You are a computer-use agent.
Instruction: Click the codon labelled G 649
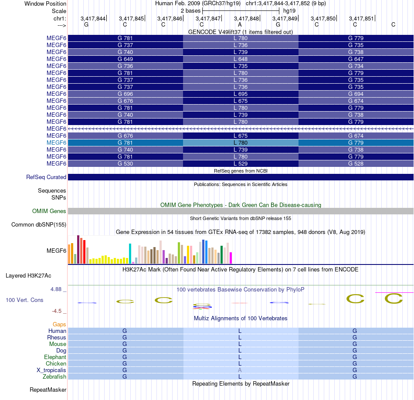[125, 59]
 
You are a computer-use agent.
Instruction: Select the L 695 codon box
[241, 94]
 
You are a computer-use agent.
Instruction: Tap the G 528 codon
[356, 163]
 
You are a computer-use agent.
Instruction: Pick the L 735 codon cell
[241, 66]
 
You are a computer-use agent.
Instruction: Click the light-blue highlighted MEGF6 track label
[56, 142]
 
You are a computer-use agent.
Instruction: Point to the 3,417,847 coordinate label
[208, 18]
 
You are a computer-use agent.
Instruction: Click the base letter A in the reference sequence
[240, 24]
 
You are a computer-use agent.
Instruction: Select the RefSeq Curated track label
[46, 177]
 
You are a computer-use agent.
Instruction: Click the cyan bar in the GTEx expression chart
[130, 254]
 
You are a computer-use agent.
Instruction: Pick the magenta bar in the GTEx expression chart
[231, 258]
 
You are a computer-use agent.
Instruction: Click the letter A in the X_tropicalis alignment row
[240, 370]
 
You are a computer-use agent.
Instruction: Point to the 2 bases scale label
[191, 10]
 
